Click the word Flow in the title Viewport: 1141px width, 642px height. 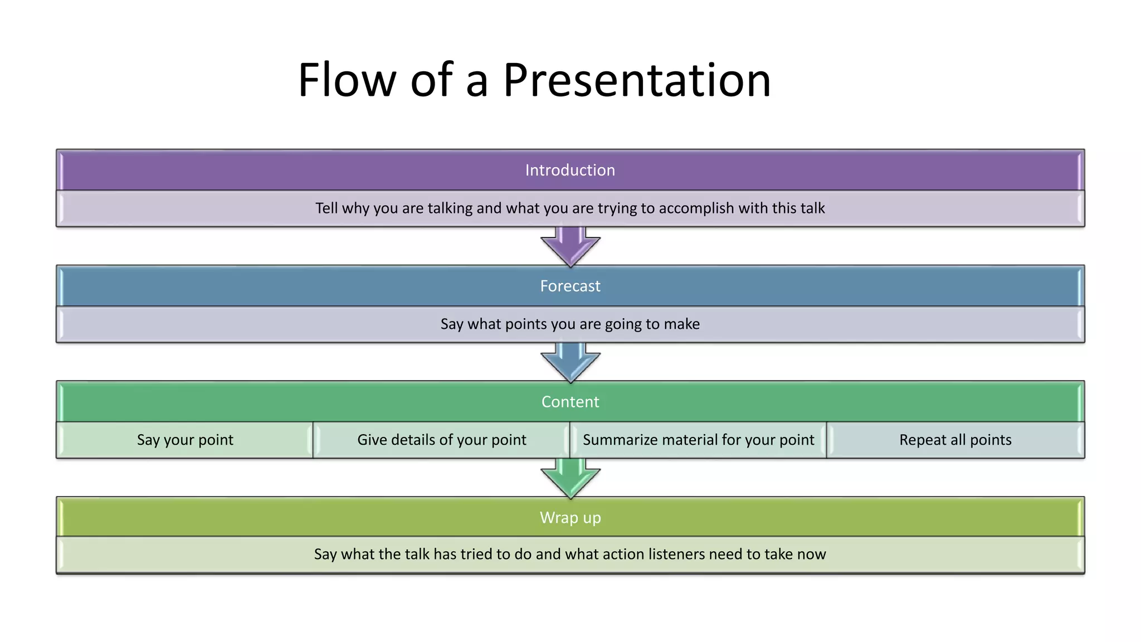coord(347,80)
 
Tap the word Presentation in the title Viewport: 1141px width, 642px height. coord(637,80)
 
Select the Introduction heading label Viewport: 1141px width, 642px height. coord(570,170)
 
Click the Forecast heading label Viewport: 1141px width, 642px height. coord(570,286)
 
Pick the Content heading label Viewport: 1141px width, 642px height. coord(570,402)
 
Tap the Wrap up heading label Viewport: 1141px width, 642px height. coord(570,518)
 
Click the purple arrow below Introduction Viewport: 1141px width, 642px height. coord(570,247)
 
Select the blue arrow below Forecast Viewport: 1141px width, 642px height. coord(570,363)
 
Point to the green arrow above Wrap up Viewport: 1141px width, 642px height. coord(570,479)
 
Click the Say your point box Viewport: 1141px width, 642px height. coord(185,440)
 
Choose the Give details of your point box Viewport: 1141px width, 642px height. coord(441,440)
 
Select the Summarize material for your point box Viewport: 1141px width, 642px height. coord(698,440)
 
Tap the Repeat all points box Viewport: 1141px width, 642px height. coord(955,440)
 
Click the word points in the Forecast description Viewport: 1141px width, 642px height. coord(525,324)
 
